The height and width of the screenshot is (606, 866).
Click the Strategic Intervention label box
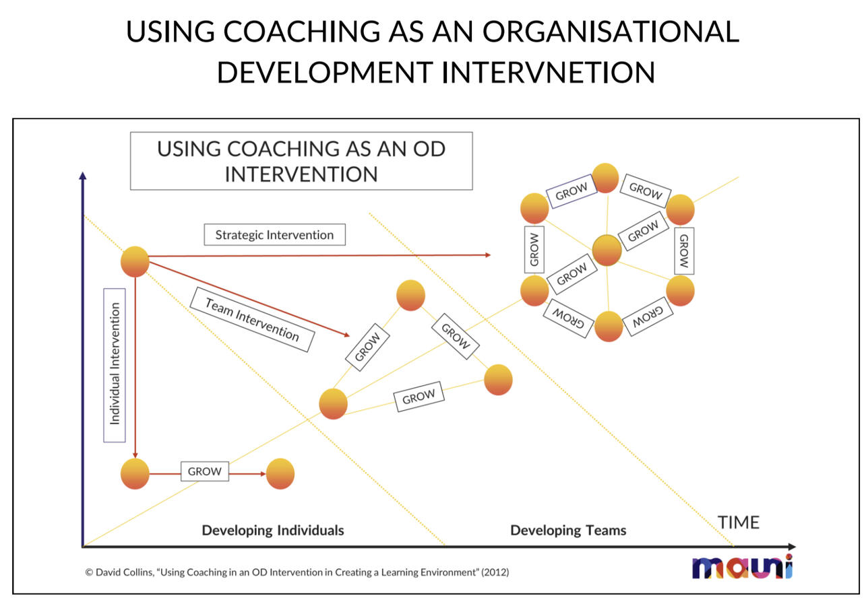click(x=274, y=235)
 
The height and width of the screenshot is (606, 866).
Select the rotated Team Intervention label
click(x=251, y=320)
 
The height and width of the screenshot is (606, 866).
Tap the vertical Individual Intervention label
click(x=115, y=364)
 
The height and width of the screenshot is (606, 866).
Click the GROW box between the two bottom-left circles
click(x=204, y=471)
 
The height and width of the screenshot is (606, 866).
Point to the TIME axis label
click(x=738, y=523)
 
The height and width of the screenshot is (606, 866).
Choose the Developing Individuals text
click(x=273, y=531)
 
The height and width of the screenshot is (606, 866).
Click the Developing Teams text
click(x=568, y=531)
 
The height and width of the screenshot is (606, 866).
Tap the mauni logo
click(x=742, y=567)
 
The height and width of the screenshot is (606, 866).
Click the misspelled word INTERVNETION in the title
click(x=549, y=72)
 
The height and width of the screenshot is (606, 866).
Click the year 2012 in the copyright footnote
click(x=497, y=572)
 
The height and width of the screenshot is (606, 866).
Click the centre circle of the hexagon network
click(x=607, y=250)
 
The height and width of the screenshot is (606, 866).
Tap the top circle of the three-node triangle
click(x=410, y=295)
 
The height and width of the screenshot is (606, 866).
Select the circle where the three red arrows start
click(x=135, y=261)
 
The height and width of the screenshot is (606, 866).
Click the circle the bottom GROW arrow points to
click(x=280, y=474)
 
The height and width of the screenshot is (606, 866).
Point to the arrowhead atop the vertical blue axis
click(x=82, y=176)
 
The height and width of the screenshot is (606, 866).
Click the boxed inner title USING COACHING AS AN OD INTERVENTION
click(x=301, y=161)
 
